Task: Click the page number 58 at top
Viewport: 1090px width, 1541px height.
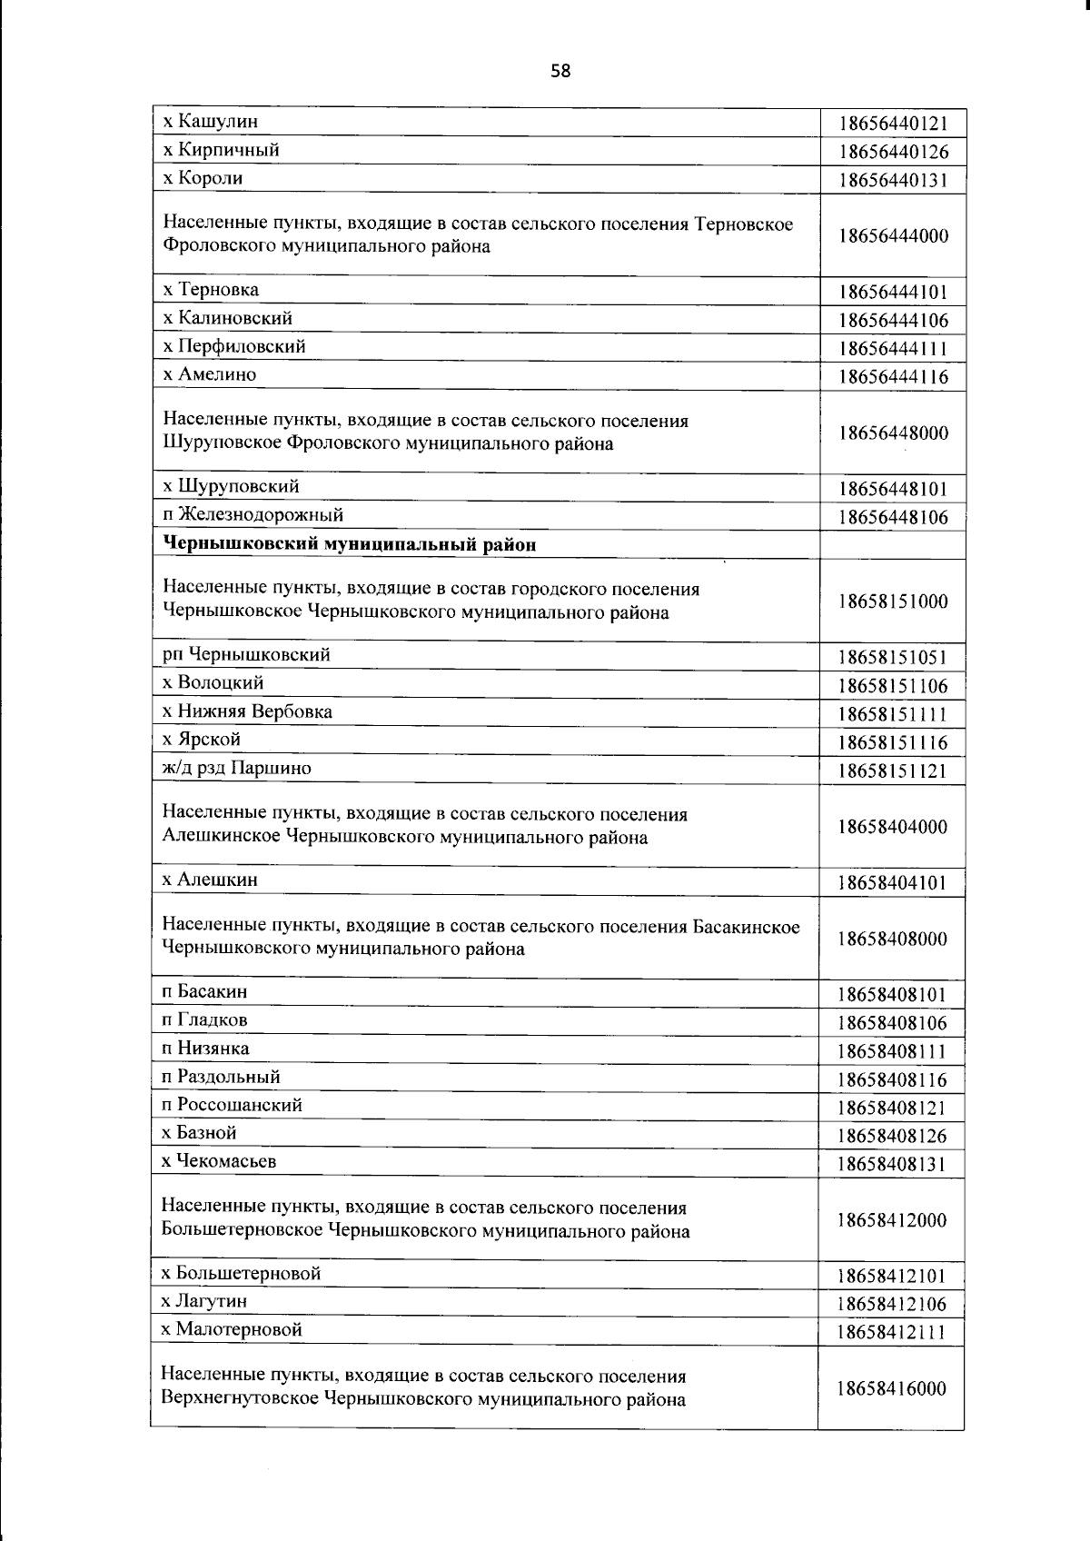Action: [x=560, y=71]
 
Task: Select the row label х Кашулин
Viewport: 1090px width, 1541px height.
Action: [x=210, y=121]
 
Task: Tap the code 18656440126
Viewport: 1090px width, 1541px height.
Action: [x=893, y=152]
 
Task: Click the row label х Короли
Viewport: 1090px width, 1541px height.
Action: [x=203, y=178]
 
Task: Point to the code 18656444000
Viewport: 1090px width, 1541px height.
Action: [x=893, y=236]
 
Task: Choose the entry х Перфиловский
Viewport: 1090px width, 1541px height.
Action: [x=234, y=346]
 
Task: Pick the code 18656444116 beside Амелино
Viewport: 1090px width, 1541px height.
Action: [x=893, y=377]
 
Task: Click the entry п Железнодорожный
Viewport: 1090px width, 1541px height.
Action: [x=253, y=515]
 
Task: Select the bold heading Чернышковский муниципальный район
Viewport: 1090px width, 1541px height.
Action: [x=349, y=544]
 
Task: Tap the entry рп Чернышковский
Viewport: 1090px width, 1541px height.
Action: [x=246, y=655]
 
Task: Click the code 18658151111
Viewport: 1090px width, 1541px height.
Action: [x=893, y=715]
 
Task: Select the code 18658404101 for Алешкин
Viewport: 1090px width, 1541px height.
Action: [x=893, y=882]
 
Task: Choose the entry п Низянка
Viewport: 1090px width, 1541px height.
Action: [x=205, y=1049]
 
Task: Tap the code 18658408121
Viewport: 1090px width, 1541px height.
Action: [x=893, y=1109]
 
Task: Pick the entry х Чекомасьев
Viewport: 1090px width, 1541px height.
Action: [x=219, y=1161]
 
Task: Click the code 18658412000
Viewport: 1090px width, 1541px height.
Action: [x=893, y=1220]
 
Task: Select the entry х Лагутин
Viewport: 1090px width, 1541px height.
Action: [x=204, y=1301]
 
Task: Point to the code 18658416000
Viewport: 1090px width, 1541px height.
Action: [x=893, y=1388]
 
